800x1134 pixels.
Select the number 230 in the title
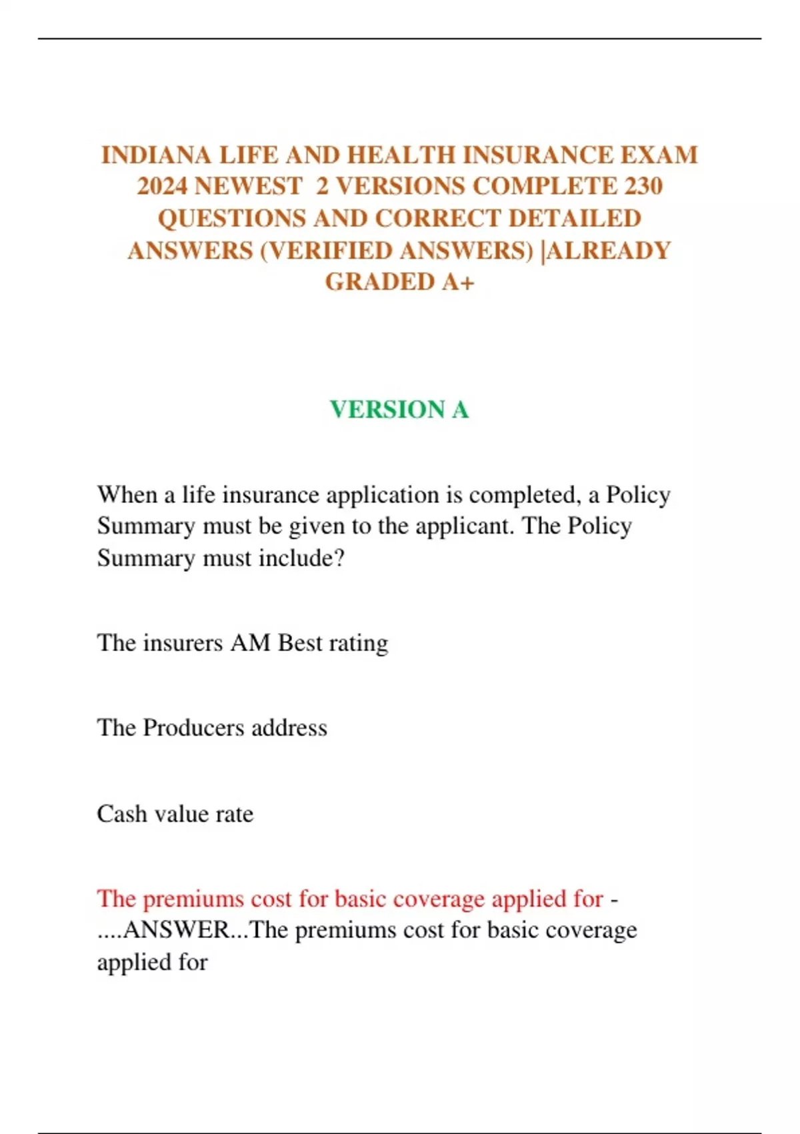[643, 186]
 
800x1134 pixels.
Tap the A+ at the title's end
[458, 282]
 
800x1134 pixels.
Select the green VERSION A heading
[399, 410]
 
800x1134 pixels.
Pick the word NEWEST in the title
[248, 186]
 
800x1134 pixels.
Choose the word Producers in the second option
[193, 728]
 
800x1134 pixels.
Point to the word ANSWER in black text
[176, 931]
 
